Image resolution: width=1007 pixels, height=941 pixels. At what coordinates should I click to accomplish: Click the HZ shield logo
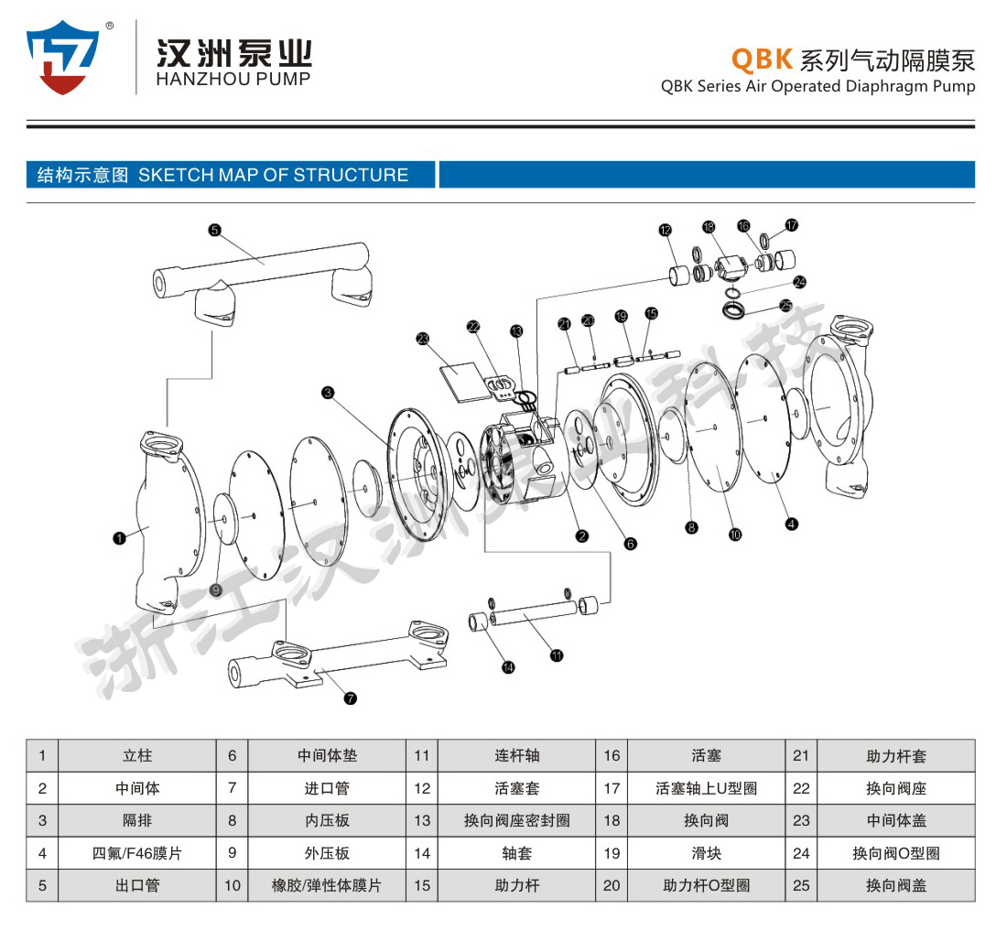[x=62, y=58]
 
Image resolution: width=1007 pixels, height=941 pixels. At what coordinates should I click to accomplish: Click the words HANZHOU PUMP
[x=233, y=79]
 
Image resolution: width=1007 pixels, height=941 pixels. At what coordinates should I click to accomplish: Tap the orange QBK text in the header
[x=761, y=59]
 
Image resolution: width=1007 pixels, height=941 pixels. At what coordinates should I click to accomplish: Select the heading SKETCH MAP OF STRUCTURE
[x=273, y=175]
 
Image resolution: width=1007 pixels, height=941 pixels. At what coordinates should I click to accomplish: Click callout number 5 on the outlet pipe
[x=214, y=231]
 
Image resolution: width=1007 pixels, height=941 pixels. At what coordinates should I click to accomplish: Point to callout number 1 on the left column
[x=119, y=538]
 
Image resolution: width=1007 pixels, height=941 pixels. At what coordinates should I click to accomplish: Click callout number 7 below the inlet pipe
[x=350, y=698]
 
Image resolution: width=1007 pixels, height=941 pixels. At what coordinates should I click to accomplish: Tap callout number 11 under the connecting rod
[x=557, y=654]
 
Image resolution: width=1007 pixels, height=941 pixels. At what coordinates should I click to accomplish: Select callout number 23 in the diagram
[x=422, y=338]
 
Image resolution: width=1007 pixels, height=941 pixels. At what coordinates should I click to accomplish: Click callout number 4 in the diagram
[x=791, y=524]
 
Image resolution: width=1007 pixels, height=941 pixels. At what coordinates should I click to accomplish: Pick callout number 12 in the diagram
[x=665, y=230]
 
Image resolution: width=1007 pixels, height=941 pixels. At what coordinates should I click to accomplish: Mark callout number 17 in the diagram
[x=792, y=223]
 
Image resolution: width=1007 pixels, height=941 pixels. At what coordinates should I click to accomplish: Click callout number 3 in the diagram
[x=327, y=393]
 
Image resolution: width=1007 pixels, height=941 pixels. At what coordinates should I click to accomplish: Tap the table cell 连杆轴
[x=516, y=755]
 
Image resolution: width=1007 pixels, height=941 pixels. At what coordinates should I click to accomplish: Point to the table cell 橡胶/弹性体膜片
[x=327, y=885]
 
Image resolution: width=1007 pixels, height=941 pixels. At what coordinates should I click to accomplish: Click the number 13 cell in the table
[x=421, y=820]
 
